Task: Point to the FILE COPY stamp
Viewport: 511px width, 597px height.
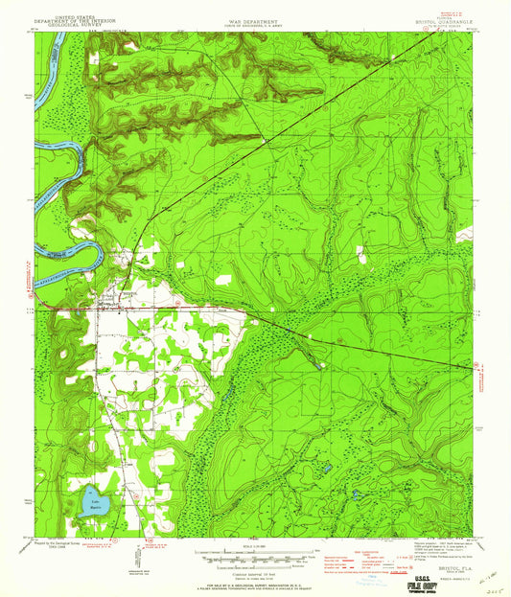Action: click(449, 579)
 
